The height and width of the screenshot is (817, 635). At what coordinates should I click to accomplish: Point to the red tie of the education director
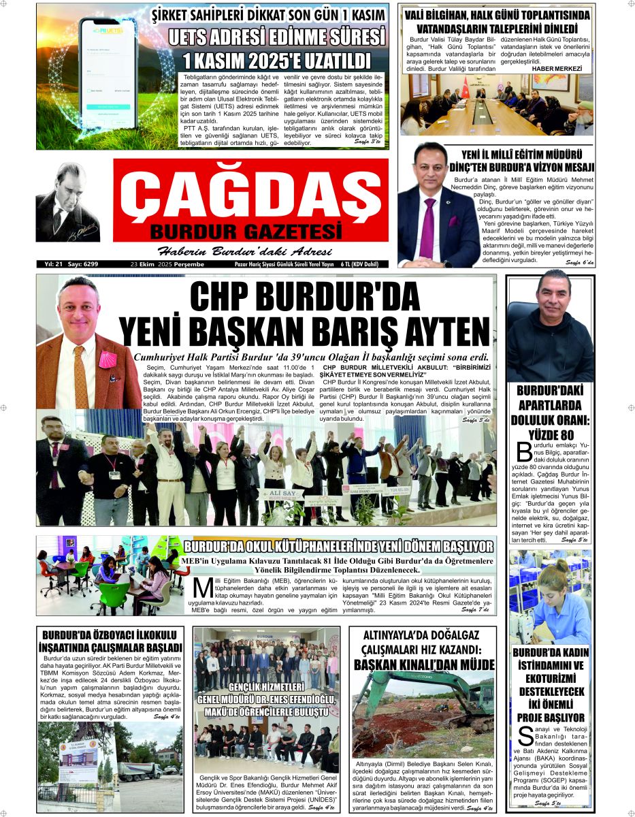[427, 227]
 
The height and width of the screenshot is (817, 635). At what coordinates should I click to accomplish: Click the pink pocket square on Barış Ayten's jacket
[107, 359]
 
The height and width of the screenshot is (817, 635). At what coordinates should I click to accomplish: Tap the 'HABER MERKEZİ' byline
[557, 69]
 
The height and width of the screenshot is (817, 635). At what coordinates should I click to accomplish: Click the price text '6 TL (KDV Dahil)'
[359, 264]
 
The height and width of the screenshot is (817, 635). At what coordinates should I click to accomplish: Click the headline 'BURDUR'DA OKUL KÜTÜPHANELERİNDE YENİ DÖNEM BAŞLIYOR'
[338, 547]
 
